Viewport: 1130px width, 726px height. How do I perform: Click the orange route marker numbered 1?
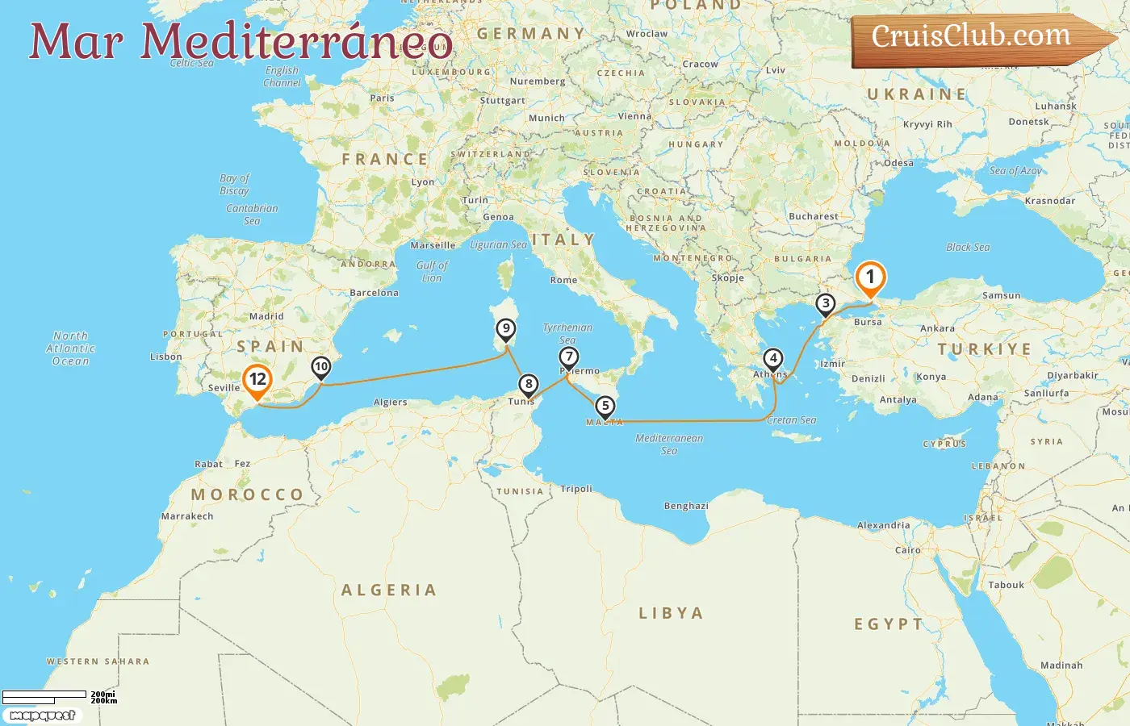click(x=870, y=277)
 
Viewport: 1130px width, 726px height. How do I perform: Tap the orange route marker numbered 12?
click(x=257, y=380)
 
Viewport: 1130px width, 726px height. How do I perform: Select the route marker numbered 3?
click(x=825, y=304)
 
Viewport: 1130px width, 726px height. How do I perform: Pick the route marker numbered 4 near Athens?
click(x=773, y=359)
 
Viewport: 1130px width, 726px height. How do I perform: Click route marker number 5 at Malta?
click(x=605, y=407)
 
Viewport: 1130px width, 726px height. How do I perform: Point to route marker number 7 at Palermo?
click(x=569, y=357)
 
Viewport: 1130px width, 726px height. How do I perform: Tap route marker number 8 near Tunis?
click(x=528, y=385)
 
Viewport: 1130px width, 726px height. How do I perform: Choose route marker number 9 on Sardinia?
click(x=506, y=329)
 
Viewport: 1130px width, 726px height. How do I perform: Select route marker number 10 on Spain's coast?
click(x=321, y=368)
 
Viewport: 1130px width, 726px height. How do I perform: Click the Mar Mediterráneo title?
click(x=241, y=42)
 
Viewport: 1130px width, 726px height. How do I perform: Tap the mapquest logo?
click(x=42, y=716)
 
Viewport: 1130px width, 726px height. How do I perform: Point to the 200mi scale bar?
click(x=45, y=695)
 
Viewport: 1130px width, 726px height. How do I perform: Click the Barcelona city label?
click(x=374, y=293)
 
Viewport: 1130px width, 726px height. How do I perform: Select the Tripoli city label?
click(x=576, y=489)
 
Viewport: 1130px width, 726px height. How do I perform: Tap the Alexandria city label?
click(x=883, y=525)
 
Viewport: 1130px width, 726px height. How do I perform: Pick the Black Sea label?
click(x=968, y=248)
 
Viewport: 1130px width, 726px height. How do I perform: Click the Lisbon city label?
click(x=166, y=357)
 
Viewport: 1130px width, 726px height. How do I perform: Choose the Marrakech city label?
click(x=187, y=516)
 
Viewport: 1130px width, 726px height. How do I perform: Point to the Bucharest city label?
click(x=813, y=216)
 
